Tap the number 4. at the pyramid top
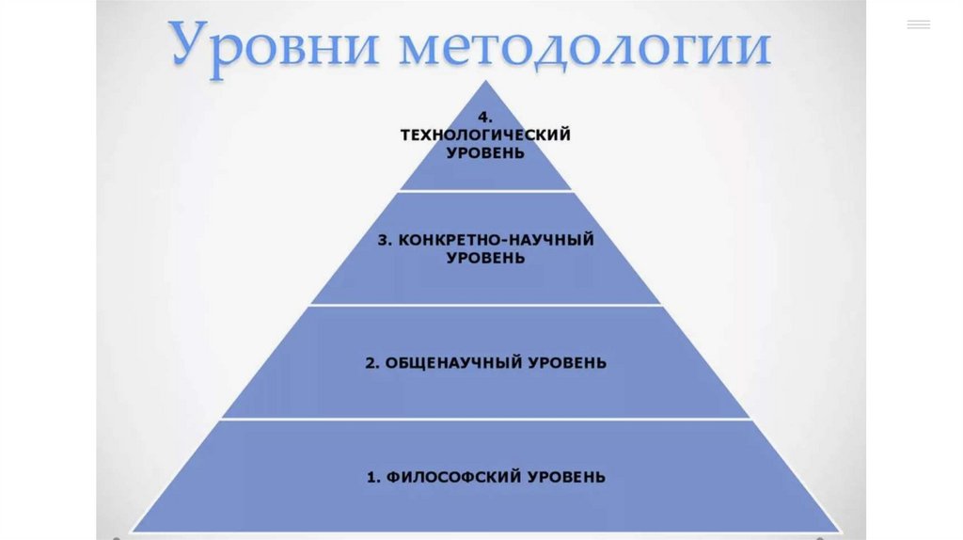pyautogui.click(x=485, y=118)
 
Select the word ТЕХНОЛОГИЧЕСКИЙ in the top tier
pyautogui.click(x=485, y=135)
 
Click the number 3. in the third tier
pyautogui.click(x=385, y=240)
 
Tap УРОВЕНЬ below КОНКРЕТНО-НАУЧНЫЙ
pyautogui.click(x=485, y=257)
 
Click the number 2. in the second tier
pyautogui.click(x=371, y=362)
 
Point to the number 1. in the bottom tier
pyautogui.click(x=372, y=477)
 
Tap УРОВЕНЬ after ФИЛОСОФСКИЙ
pyautogui.click(x=565, y=477)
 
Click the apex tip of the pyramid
pyautogui.click(x=485, y=82)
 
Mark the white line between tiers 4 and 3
pyautogui.click(x=485, y=191)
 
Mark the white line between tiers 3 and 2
pyautogui.click(x=485, y=305)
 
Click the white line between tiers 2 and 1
pyautogui.click(x=485, y=420)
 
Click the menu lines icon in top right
pyautogui.click(x=918, y=24)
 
